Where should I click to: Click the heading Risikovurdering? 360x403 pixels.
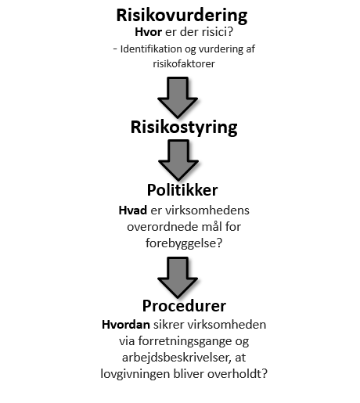182,16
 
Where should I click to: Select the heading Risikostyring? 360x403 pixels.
184,128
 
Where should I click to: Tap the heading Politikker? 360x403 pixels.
182,190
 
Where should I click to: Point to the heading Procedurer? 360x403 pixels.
184,306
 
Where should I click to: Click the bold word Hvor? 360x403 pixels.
148,32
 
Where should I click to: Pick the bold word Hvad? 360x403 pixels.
133,210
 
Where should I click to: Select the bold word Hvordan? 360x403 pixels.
126,325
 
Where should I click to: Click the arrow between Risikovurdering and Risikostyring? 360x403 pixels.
178,97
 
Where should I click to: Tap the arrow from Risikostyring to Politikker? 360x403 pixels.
178,160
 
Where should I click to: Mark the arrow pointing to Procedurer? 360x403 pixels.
178,278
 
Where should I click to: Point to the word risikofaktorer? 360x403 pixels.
184,64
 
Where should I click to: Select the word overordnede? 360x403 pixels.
159,227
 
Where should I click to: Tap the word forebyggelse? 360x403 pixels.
181,243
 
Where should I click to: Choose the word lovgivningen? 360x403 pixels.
135,374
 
